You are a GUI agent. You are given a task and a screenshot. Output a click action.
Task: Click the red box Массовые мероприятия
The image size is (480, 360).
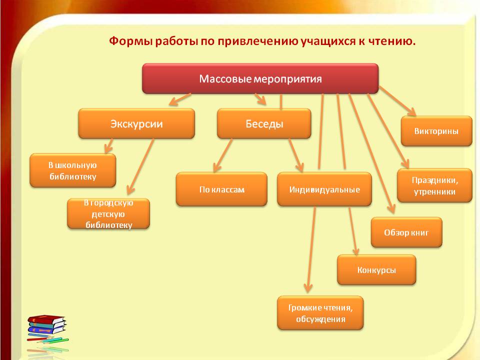[260, 78]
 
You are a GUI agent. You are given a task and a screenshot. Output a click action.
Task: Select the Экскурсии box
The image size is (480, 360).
[136, 123]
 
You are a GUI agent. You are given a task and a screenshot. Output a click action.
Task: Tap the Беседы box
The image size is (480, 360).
[264, 123]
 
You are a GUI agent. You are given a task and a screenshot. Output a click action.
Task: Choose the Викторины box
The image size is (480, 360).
[436, 131]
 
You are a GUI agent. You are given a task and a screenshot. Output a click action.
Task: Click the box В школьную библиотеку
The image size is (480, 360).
[72, 170]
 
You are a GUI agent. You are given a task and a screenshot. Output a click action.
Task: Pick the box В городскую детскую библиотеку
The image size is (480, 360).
[108, 214]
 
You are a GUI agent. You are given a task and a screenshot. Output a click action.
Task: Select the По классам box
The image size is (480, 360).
[221, 189]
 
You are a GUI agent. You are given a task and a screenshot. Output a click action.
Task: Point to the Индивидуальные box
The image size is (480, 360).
[324, 189]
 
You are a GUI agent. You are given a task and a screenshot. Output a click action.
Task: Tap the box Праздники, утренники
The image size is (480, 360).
[434, 185]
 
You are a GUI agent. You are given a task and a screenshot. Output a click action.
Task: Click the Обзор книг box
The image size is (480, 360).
[406, 232]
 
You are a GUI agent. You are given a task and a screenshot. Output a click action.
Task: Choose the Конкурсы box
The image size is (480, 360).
[376, 270]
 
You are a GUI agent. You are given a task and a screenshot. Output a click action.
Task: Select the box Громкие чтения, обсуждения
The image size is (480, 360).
[320, 313]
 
